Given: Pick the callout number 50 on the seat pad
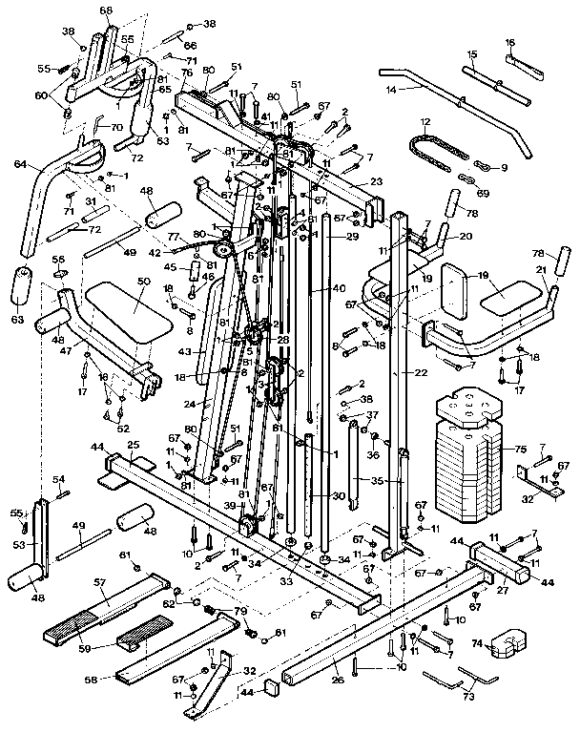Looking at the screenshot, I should (144, 282).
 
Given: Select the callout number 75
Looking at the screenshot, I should (520, 448).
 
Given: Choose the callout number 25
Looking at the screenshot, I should (133, 446).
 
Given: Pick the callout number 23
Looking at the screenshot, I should (376, 181).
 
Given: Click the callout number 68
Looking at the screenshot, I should (105, 10).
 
